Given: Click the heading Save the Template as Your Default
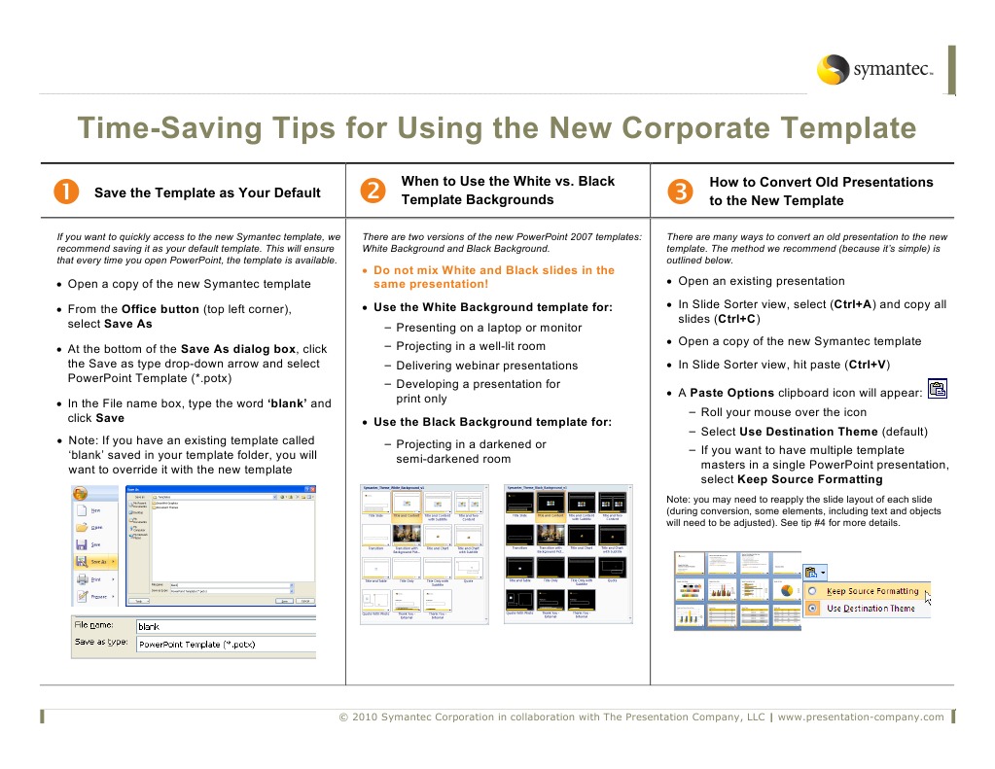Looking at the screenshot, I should tap(207, 192).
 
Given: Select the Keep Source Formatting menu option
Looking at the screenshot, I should tap(871, 591).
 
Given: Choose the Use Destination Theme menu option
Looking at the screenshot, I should tap(870, 609).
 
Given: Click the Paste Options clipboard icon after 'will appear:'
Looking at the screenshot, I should tap(937, 390).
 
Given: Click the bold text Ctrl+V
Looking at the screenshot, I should tap(866, 366).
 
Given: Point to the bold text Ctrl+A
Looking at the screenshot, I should tap(852, 304).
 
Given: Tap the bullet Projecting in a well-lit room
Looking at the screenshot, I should tap(471, 346).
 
